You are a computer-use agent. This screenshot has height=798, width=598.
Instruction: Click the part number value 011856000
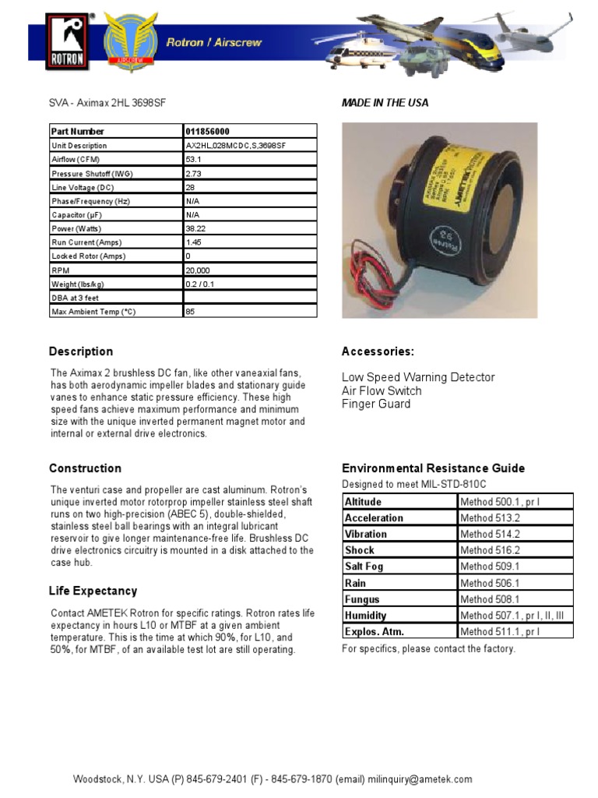coord(208,132)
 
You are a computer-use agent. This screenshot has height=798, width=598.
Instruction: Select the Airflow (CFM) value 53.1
coord(194,159)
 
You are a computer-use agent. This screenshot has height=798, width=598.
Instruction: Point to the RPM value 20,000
coord(198,270)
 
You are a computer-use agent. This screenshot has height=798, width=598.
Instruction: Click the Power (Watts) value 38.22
coord(196,228)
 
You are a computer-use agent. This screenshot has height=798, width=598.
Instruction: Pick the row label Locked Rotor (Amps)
coord(88,256)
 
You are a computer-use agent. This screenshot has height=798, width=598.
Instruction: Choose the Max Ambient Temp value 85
coord(190,311)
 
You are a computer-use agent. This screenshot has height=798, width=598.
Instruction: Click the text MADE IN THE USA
coord(385,103)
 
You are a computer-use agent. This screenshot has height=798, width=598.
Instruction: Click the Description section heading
coord(81,351)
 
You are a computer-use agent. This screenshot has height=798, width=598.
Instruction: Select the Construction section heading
coord(85,468)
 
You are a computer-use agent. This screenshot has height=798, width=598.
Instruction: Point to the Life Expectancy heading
coord(93,591)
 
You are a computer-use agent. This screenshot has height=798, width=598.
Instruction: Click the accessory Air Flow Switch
coord(382,390)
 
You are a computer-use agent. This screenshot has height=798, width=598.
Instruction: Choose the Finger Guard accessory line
coord(376,404)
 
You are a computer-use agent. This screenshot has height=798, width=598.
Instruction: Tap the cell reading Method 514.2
coord(490,534)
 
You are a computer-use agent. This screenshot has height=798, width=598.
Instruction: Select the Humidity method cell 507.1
coord(512,616)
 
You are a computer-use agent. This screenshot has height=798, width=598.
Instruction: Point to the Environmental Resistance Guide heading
coord(433,468)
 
